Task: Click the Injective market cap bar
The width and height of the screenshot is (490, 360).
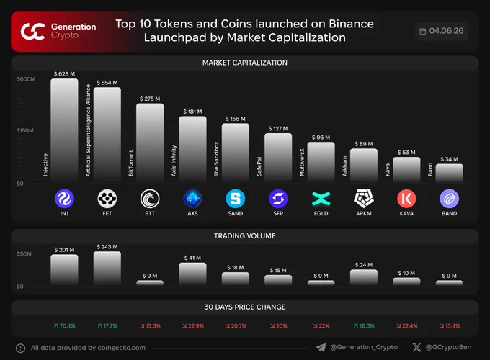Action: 64,130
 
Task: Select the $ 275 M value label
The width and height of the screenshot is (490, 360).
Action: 150,99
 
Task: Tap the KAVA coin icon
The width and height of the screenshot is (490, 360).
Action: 406,199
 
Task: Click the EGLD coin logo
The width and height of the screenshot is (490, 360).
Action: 321,199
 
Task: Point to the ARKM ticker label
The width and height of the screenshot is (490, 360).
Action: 364,213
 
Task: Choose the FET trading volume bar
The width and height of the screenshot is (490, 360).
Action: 107,269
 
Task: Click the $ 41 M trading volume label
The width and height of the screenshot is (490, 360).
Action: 192,258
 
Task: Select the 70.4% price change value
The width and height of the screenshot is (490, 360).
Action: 64,326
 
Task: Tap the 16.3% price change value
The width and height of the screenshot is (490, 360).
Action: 364,326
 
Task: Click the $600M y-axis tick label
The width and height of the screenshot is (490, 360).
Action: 26,79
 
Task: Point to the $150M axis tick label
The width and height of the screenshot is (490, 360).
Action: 25,130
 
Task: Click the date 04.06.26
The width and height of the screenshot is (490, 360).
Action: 446,31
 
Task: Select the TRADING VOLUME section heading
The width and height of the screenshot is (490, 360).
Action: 245,235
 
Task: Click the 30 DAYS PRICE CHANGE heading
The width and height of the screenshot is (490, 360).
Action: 245,307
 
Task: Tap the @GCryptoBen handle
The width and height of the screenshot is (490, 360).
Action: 448,347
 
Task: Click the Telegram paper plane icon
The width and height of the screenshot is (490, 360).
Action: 321,347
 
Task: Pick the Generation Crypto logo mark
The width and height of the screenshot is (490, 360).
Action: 32,31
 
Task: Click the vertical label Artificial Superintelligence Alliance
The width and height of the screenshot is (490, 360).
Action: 88,130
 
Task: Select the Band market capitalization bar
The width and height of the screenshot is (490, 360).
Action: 450,173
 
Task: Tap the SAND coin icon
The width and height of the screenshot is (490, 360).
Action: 236,199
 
